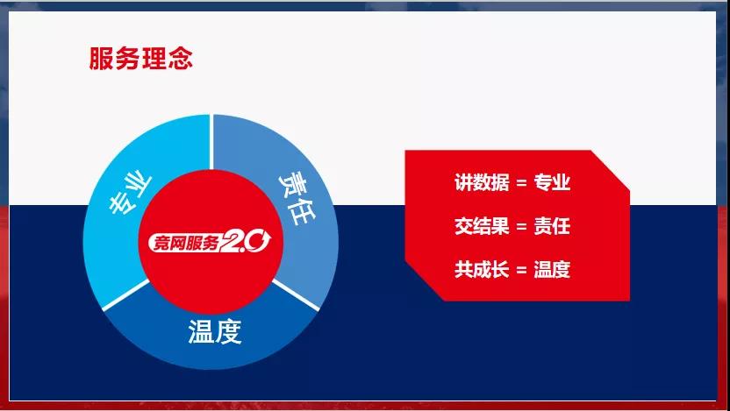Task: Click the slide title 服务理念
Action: coord(140,59)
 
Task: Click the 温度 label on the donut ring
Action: coord(215,332)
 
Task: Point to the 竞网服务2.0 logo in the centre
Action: coord(210,242)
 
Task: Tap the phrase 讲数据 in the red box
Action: coord(482,182)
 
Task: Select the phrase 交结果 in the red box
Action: coord(482,226)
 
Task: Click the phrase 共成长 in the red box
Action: coord(482,270)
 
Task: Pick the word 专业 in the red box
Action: coord(552,182)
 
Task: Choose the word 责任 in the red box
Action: coord(552,226)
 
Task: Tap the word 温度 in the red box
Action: coord(552,270)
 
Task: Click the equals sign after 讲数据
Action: coord(522,183)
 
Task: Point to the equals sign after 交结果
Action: coord(522,227)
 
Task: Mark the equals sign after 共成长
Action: coord(522,271)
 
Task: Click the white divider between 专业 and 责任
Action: coord(211,142)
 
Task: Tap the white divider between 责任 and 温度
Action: coord(296,294)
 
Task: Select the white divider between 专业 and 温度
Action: coord(126,294)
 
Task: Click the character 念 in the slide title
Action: coord(181,59)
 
